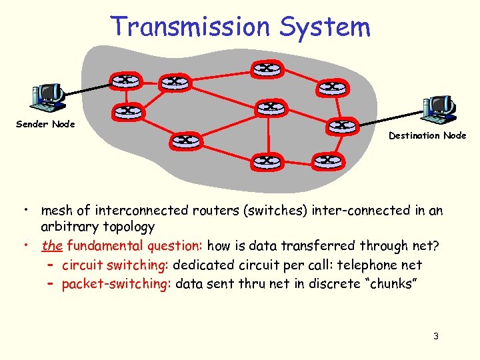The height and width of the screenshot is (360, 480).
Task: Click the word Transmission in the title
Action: [191, 26]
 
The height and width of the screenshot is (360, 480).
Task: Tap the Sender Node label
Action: [45, 124]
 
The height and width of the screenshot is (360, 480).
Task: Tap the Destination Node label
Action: [427, 135]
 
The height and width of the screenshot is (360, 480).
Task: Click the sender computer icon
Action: [47, 96]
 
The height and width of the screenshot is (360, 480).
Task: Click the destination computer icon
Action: [439, 109]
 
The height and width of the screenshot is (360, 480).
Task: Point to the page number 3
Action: [435, 336]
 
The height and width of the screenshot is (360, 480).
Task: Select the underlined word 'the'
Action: [51, 246]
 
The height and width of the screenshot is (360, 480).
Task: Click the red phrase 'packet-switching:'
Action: [117, 285]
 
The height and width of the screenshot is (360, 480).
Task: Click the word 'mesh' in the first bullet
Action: [56, 211]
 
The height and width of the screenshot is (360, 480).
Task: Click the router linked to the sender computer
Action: [125, 80]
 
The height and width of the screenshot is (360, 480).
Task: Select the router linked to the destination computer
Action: [342, 125]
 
